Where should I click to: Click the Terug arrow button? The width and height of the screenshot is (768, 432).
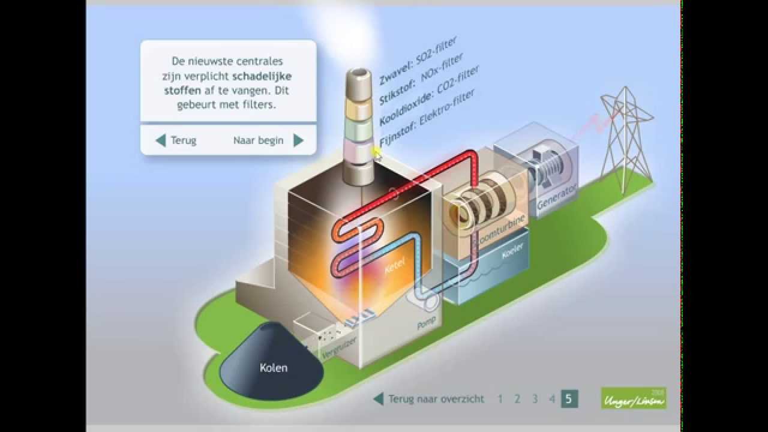(161, 140)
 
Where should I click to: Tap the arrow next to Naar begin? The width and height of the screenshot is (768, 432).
(298, 140)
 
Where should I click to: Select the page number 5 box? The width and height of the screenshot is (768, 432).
(569, 398)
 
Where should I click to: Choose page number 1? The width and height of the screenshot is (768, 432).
(500, 398)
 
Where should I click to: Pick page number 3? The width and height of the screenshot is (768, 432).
(535, 398)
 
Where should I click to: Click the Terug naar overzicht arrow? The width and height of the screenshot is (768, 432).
(379, 398)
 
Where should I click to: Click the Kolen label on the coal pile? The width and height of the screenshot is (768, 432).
(273, 368)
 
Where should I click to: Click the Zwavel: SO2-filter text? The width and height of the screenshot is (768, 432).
(418, 61)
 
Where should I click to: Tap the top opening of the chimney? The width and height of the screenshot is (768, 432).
(358, 74)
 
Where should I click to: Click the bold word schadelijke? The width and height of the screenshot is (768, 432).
(262, 76)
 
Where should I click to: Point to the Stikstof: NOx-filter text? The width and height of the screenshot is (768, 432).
(421, 78)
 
